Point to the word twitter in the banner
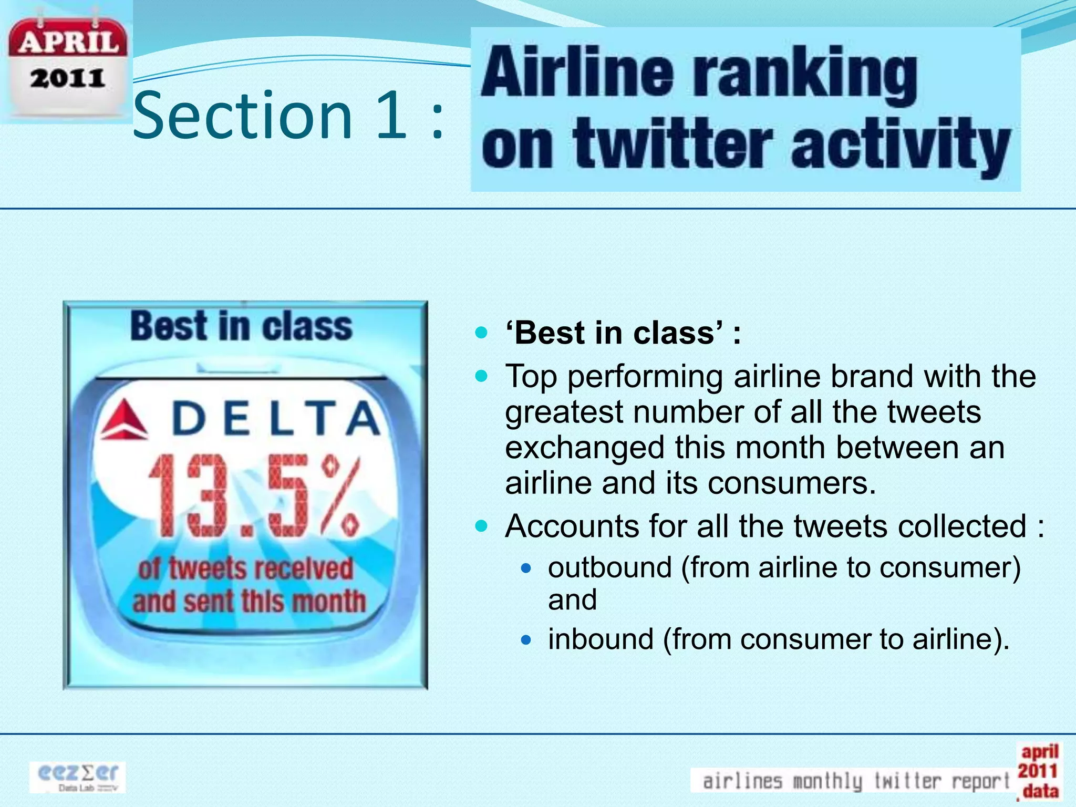pyautogui.click(x=672, y=144)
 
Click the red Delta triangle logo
pyautogui.click(x=124, y=419)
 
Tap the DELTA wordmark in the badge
pyautogui.click(x=276, y=418)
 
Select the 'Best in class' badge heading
pyautogui.click(x=241, y=326)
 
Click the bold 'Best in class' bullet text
pyautogui.click(x=623, y=333)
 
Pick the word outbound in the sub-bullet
pyautogui.click(x=609, y=567)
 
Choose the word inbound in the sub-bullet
pyautogui.click(x=601, y=639)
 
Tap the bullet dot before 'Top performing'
pyautogui.click(x=481, y=376)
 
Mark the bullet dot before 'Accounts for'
pyautogui.click(x=481, y=526)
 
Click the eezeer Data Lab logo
pyautogui.click(x=78, y=777)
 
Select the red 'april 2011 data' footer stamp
pyautogui.click(x=1039, y=771)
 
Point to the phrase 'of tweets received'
pyautogui.click(x=245, y=569)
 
